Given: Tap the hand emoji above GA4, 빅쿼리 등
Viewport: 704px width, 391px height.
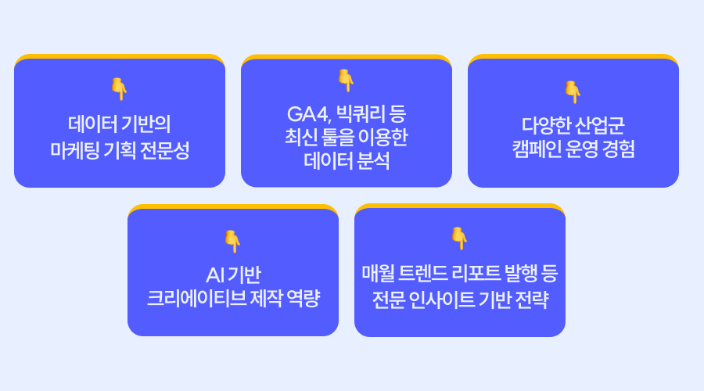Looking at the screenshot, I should [x=346, y=81].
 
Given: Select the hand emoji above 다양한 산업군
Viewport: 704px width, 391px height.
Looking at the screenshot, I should [x=573, y=91].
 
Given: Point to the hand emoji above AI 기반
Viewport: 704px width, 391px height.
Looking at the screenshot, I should [x=232, y=241].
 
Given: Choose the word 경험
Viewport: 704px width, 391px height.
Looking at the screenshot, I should [x=618, y=149].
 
